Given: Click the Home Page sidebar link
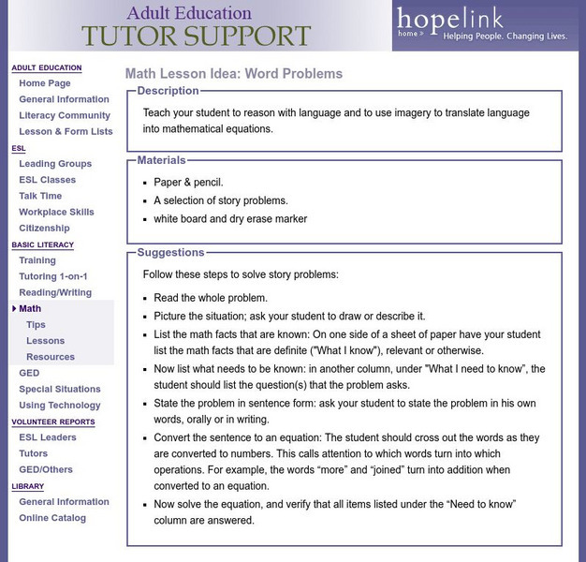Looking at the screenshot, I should tap(44, 83).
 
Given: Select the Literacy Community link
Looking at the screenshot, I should tap(65, 115).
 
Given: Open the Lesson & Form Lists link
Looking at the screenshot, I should tap(66, 131).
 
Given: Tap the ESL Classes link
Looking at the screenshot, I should tap(47, 180).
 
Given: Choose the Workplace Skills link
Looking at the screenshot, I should tap(56, 212).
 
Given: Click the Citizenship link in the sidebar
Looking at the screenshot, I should tap(44, 228).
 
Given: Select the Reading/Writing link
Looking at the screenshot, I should tap(55, 292).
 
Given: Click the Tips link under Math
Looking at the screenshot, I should tap(36, 325).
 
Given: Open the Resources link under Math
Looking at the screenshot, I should tap(51, 357).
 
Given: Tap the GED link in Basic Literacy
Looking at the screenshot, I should tap(29, 373).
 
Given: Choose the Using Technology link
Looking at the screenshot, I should tap(60, 406).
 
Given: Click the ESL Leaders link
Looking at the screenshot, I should tap(48, 437).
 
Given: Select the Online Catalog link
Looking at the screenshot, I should tap(51, 518).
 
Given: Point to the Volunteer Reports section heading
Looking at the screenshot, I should tap(52, 421).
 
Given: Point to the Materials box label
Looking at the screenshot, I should tap(161, 160).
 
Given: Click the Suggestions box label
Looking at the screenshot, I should tap(170, 252).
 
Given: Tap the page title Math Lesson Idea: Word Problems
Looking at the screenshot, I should tap(234, 73).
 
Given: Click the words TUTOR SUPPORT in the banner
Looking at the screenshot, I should tap(196, 37).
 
